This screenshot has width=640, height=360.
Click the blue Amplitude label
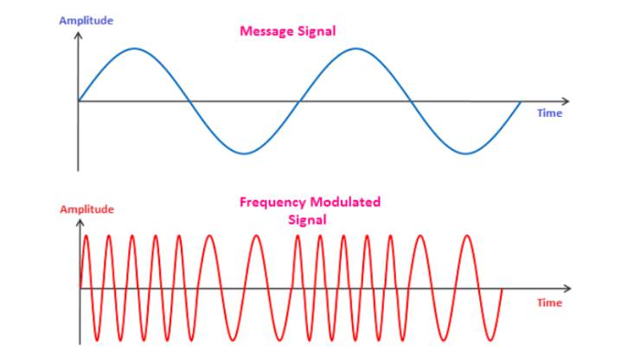coord(86,22)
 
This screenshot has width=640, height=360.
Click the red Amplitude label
coord(87,210)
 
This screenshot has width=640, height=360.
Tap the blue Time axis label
coord(549,113)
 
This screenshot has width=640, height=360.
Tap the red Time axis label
coord(549,303)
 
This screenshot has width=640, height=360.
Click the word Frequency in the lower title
coord(272,202)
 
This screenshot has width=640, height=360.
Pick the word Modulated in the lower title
coord(345,202)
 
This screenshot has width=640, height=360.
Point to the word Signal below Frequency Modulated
coord(307,221)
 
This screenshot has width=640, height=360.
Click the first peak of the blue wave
coord(135,48)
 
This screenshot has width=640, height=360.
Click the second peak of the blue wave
coord(356,48)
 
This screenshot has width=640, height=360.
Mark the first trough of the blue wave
coord(245,154)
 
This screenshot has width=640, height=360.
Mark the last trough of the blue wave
coord(466,154)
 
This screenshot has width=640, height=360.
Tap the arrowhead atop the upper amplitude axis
coord(78,35)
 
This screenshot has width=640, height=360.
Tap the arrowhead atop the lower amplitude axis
coord(80,223)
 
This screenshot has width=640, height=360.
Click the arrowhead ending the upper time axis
coord(566,101)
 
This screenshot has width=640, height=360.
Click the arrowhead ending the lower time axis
coord(567,288)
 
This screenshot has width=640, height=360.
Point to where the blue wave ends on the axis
coord(521,102)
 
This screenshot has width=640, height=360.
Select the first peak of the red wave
coord(86,235)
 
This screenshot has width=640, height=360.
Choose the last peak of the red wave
coord(467,235)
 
